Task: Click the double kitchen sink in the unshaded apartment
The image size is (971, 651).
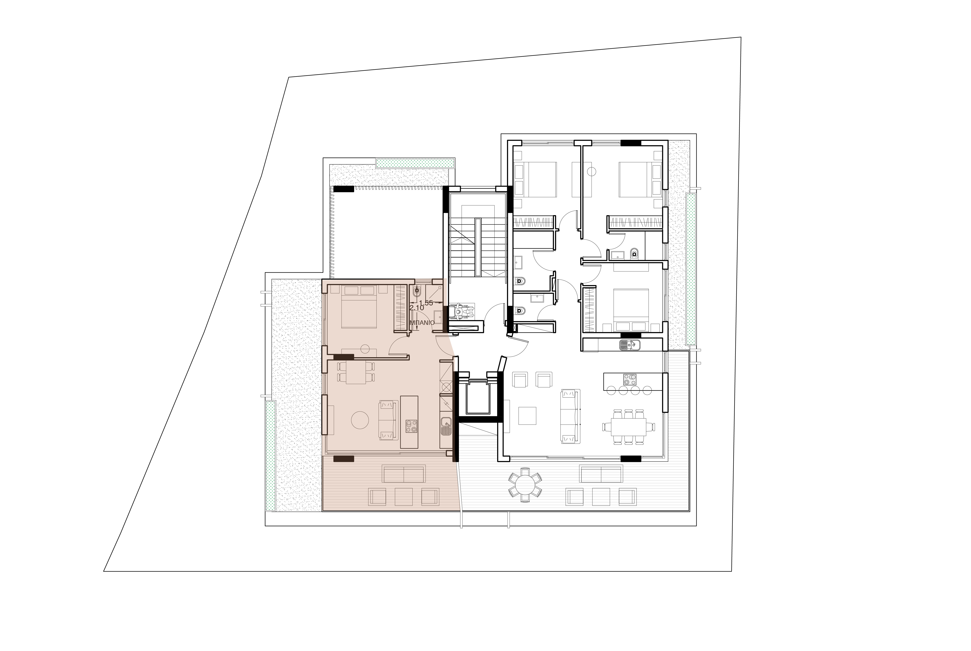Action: pyautogui.click(x=630, y=345)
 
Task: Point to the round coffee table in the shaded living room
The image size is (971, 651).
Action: pyautogui.click(x=360, y=420)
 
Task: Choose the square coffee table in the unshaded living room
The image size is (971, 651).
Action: pyautogui.click(x=527, y=416)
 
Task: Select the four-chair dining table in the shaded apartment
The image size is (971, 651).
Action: pyautogui.click(x=356, y=372)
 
